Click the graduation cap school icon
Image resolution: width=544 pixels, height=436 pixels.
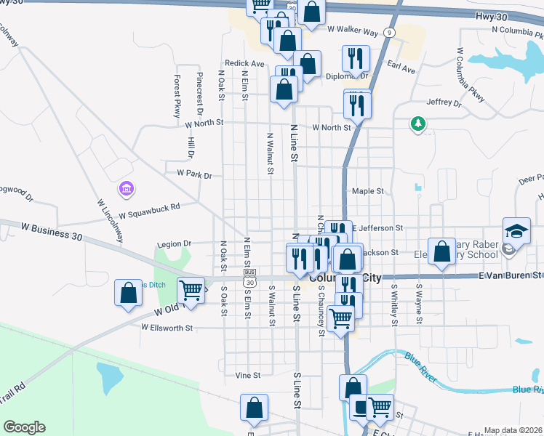click(517, 231)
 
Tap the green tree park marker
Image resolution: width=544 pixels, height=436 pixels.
click(418, 124)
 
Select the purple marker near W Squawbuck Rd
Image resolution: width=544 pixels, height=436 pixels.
click(127, 189)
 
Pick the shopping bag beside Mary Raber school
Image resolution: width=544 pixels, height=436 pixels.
click(441, 251)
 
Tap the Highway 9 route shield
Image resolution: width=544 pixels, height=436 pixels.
click(391, 33)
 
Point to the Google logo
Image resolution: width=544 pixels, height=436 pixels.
click(24, 427)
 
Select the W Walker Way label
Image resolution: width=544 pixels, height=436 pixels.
click(353, 31)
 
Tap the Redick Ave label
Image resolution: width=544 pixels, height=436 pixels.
click(244, 64)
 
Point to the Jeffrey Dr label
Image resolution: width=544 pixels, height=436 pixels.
click(444, 103)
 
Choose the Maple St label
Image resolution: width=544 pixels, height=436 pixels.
click(367, 191)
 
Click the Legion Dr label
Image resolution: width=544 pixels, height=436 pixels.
click(172, 243)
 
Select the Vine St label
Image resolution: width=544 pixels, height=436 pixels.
click(248, 376)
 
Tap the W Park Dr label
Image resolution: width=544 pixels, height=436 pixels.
click(188, 175)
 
